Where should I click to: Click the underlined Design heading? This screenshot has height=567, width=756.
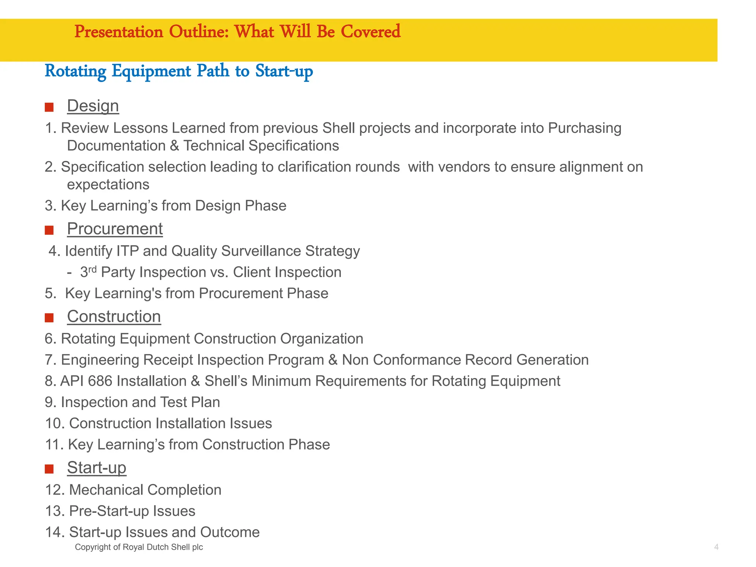point(93,106)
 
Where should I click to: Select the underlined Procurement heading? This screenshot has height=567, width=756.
point(115,229)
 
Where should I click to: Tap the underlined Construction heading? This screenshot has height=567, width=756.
point(114,317)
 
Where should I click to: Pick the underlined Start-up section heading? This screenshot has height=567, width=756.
point(97,468)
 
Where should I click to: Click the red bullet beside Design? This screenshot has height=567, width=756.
point(49,107)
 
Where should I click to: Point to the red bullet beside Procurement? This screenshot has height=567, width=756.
point(49,230)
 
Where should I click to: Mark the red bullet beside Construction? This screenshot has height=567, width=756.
point(49,318)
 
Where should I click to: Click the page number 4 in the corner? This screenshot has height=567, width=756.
point(716,547)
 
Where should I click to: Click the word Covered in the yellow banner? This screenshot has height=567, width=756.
point(370,32)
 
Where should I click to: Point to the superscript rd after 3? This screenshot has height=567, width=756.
point(92,269)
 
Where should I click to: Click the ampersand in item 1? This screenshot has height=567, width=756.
point(174,146)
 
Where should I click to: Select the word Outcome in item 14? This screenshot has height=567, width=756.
point(230,532)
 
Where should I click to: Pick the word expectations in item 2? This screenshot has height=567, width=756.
point(108,185)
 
